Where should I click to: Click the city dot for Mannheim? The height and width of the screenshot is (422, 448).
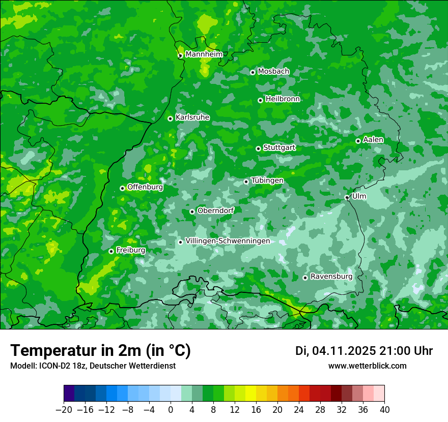[180, 56]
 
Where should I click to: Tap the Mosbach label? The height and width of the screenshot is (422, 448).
[273, 72]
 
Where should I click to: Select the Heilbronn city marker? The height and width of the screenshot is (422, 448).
[260, 100]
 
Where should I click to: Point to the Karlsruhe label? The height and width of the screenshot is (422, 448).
[192, 117]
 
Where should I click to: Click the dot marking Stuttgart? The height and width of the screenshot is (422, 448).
[258, 148]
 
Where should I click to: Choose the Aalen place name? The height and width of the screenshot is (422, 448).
[373, 140]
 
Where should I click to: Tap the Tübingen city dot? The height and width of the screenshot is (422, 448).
[246, 182]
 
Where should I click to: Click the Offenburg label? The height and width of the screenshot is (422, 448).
[145, 187]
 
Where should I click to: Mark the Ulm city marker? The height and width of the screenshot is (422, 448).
[347, 197]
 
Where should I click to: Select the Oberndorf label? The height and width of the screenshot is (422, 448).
[215, 210]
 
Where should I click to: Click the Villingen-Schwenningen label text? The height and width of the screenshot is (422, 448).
[228, 241]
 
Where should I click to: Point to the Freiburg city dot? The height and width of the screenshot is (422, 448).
[111, 251]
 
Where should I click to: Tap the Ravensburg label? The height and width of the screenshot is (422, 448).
[331, 277]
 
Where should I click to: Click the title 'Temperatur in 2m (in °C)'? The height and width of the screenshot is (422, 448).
[100, 350]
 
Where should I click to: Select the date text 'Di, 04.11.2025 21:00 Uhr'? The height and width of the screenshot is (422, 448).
[364, 351]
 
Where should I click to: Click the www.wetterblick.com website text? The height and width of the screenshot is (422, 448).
[368, 366]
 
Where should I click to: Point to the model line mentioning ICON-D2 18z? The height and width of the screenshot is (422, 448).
[93, 366]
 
